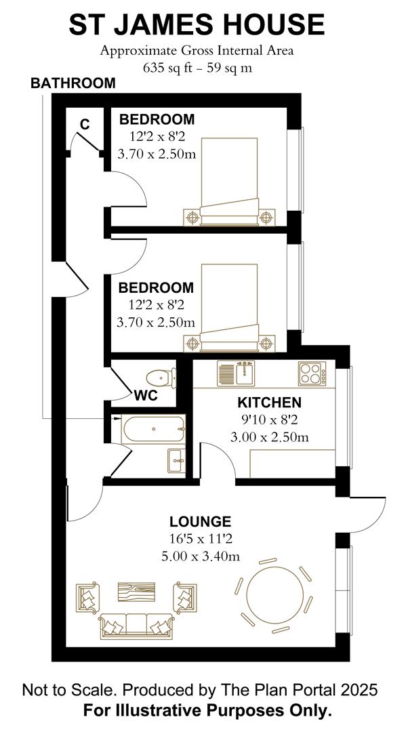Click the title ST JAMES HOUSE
(197, 25)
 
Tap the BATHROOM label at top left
(73, 83)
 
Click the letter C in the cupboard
(85, 124)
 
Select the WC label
(146, 396)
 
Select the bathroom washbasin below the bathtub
(176, 461)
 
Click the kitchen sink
(235, 373)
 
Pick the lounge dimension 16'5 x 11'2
(200, 540)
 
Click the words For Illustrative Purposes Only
(207, 711)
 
